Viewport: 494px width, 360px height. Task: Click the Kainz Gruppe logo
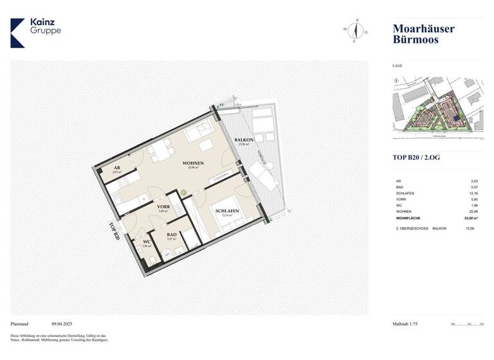(35, 32)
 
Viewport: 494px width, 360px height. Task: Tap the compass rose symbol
(355, 31)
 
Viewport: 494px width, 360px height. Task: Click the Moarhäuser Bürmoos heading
(423, 33)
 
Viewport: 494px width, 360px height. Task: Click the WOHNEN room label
(193, 163)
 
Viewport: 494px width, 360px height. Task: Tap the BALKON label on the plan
(244, 139)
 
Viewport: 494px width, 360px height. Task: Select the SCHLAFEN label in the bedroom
(228, 212)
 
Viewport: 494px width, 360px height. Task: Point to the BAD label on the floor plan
(171, 235)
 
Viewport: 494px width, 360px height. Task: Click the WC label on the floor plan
(147, 242)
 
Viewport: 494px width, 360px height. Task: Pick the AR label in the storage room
(116, 168)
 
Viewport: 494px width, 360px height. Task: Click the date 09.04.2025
(64, 325)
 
